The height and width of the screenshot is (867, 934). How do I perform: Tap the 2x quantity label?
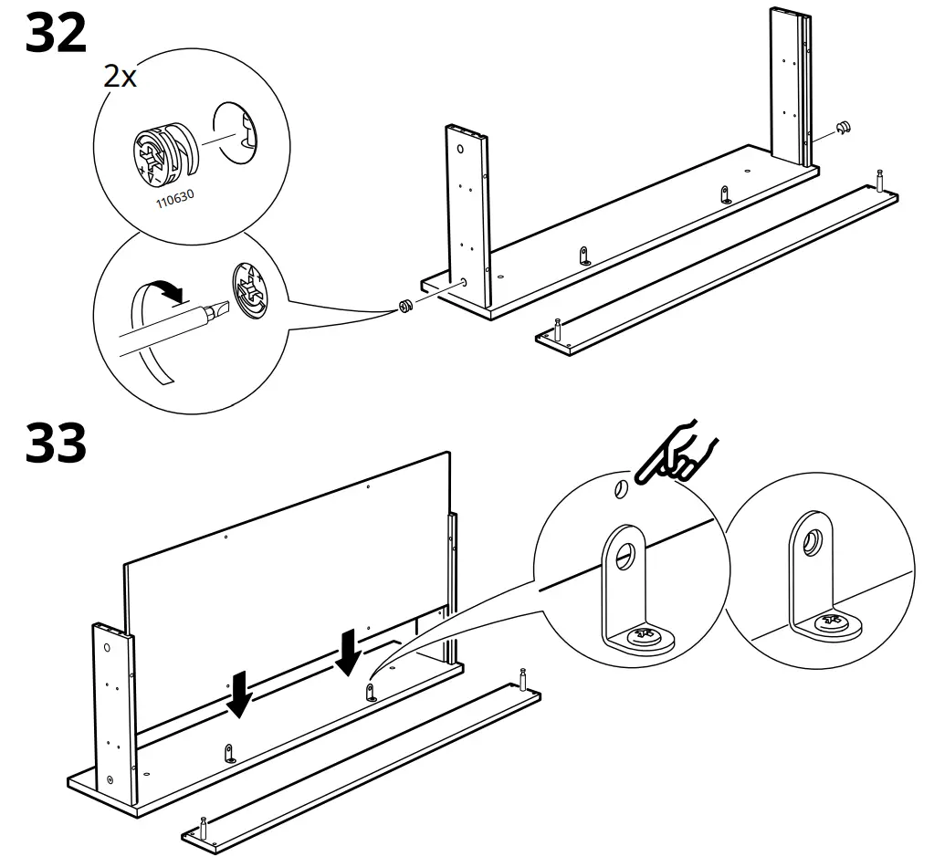[x=120, y=77]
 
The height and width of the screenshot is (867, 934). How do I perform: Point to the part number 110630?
[x=174, y=197]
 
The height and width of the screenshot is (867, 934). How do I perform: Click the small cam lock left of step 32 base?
[x=404, y=307]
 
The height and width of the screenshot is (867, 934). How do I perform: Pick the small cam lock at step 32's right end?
[x=843, y=128]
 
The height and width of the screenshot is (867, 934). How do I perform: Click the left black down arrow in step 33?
[x=240, y=695]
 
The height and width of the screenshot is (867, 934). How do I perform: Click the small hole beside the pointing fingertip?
[x=619, y=490]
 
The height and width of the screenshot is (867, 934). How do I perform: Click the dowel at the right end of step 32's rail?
[x=879, y=179]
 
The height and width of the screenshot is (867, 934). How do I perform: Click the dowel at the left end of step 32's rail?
[x=558, y=328]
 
